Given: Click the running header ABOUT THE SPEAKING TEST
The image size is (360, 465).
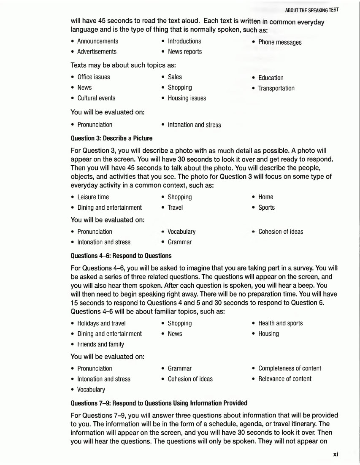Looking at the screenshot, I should point(311,10).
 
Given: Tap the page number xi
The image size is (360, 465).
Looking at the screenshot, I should point(336,454).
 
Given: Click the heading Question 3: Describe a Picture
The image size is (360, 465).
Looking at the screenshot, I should point(111,138).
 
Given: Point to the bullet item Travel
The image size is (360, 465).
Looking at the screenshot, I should point(175,208).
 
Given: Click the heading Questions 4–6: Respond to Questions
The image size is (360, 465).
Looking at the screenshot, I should point(121,256).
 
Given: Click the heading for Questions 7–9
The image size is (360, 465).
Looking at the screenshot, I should point(159,403).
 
